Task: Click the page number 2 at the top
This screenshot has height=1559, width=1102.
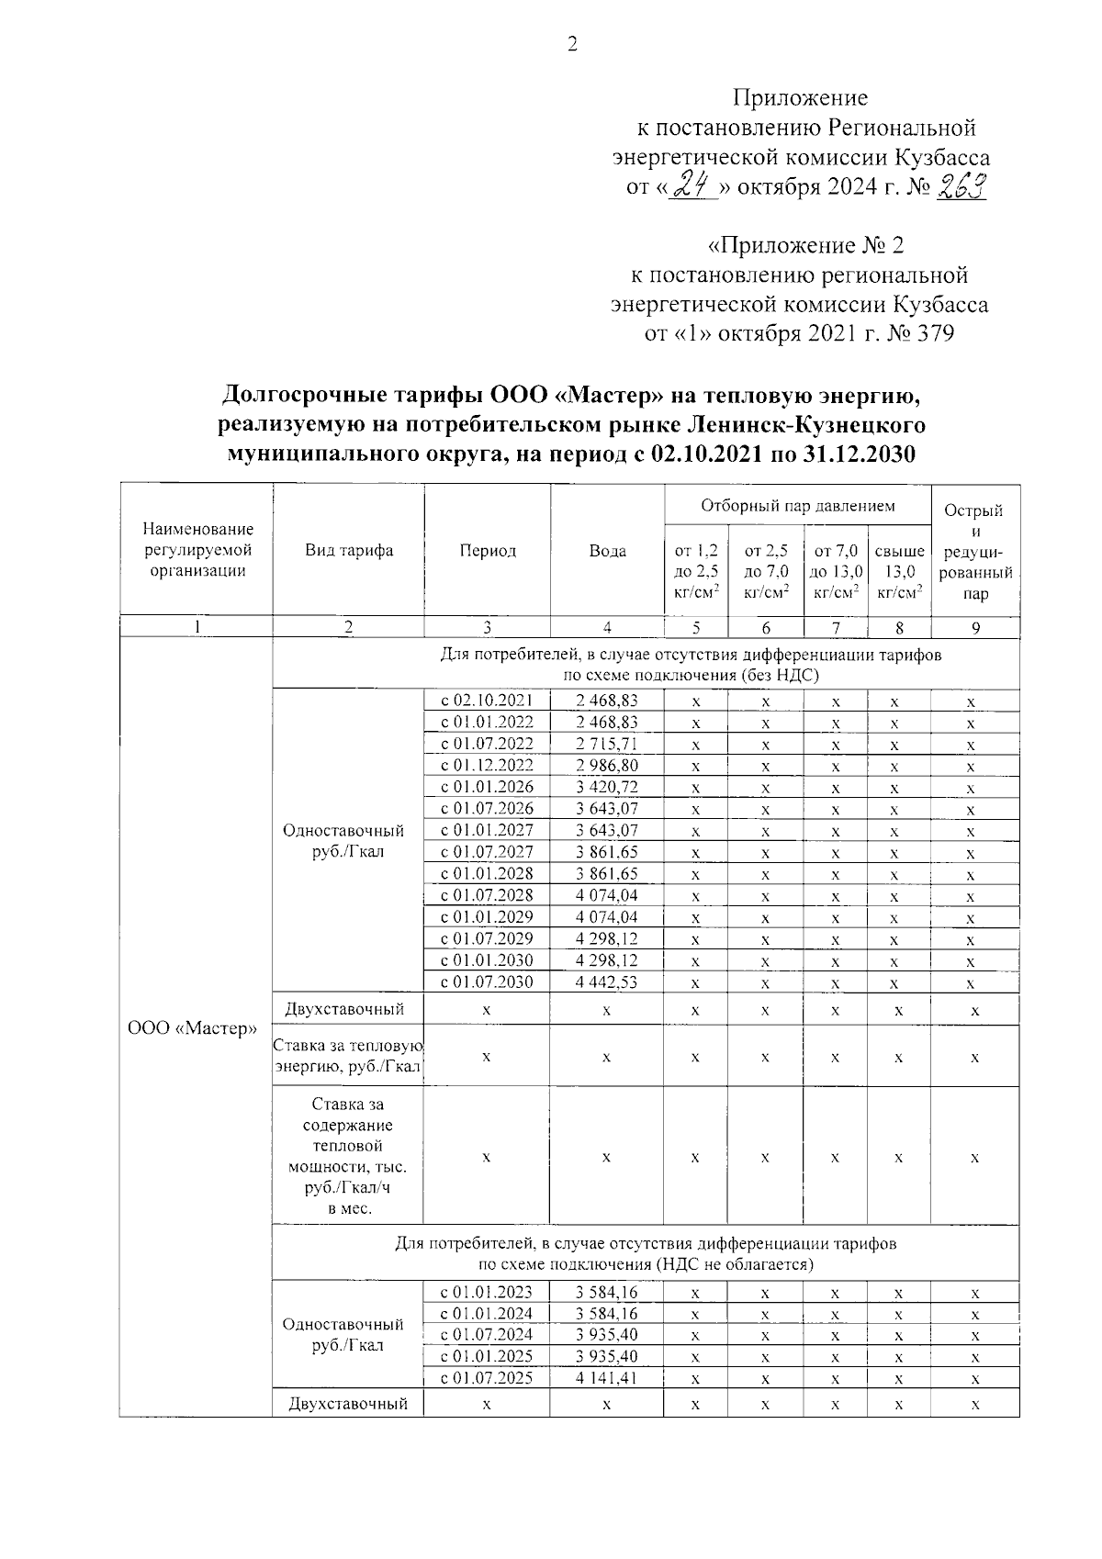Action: pos(572,45)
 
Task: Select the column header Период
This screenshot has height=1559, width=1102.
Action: pos(487,551)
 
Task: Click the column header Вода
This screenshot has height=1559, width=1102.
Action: pos(607,551)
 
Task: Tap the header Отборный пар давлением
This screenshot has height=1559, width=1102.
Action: pos(797,506)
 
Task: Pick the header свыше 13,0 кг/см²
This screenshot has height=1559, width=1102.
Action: pos(899,572)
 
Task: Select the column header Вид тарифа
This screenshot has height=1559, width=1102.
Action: pos(348,551)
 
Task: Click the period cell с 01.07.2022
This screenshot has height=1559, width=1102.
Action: pos(487,744)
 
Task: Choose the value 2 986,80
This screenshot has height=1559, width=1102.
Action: pos(607,765)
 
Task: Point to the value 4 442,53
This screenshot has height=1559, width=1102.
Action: pos(607,981)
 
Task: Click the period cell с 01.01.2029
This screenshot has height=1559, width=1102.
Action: pos(487,916)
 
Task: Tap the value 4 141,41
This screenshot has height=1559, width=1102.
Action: pos(607,1377)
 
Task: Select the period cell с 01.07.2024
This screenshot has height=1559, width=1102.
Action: pos(487,1334)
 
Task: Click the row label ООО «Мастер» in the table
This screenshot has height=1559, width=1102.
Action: pos(193,1028)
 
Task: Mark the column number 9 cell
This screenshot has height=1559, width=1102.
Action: pos(975,628)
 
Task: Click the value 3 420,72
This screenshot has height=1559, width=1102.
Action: pos(607,787)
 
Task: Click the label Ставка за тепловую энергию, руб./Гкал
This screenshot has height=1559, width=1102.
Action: pos(348,1056)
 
